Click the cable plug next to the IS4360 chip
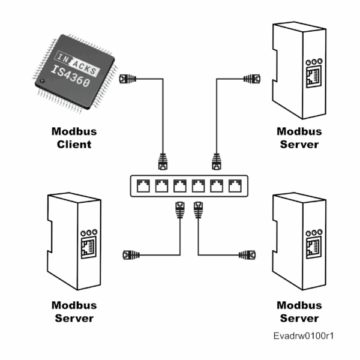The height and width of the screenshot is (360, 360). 127,79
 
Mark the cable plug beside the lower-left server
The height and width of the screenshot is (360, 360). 130,254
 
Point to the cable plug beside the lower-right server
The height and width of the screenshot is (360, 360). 247,254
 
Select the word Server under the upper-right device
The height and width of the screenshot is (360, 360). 299,144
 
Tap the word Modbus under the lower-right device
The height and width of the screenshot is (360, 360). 299,305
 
